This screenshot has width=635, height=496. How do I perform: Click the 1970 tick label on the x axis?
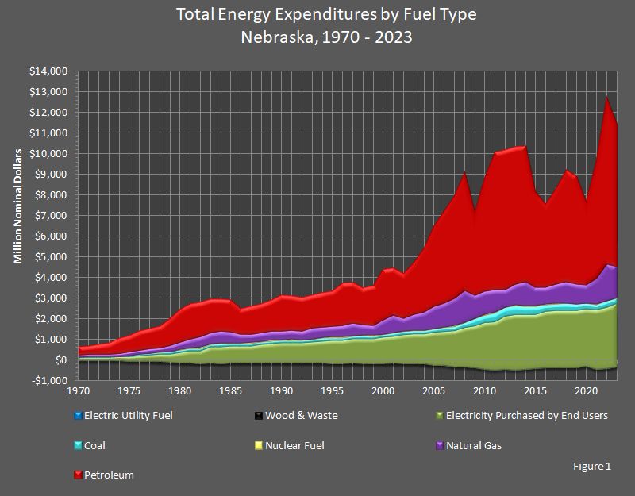(79, 391)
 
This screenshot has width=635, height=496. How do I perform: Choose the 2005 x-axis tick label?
(433, 391)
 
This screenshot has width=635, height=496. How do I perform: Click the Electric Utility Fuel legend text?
(128, 415)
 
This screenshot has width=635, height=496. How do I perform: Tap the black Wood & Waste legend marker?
(259, 415)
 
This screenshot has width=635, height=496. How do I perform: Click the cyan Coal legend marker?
(77, 445)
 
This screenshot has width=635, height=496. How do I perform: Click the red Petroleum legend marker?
(77, 475)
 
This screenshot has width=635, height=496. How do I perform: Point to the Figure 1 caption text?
(591, 467)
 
